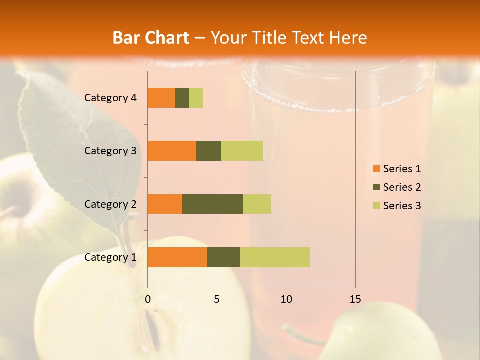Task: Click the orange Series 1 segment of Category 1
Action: pos(177,257)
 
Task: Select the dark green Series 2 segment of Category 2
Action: pos(213,204)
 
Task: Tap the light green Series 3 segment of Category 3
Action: pos(242,151)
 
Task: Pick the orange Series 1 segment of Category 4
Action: pos(161,98)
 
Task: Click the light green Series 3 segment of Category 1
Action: pos(275,257)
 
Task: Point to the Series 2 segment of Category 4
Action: pos(182,98)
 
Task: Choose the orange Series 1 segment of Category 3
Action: pos(172,151)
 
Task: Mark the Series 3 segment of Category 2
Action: pos(257,204)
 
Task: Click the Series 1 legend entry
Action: pos(397,169)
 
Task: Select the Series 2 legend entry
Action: pos(397,187)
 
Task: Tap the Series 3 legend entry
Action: pos(397,206)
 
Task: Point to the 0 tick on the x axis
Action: pos(148,299)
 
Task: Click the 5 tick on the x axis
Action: pos(217,299)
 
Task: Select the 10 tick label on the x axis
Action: pos(286,299)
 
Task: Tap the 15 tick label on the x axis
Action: pos(355,299)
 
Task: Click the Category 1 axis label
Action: pos(110,257)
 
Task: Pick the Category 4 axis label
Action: pos(110,98)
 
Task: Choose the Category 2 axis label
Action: pos(110,204)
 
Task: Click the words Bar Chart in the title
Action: pos(151,38)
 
